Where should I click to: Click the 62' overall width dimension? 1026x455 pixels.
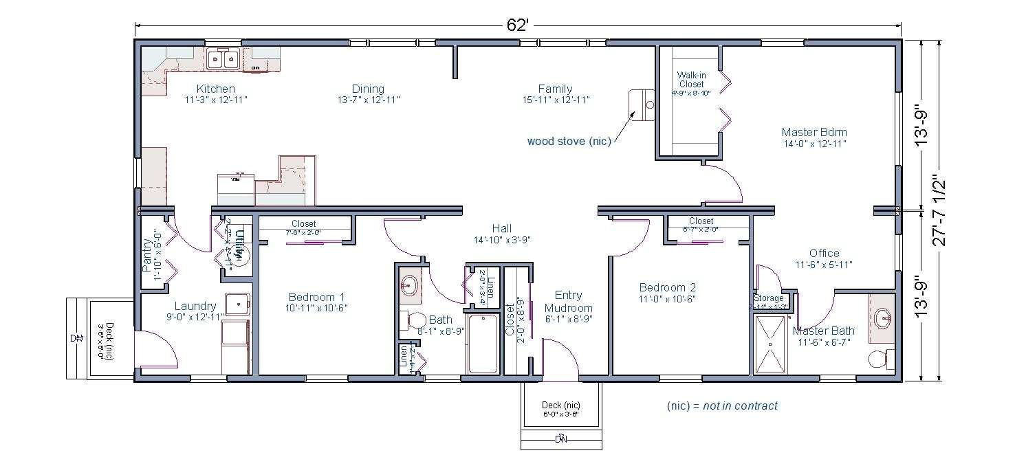pos(517,25)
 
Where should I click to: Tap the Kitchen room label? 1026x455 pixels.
pos(215,89)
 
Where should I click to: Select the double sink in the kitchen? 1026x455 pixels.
pos(223,59)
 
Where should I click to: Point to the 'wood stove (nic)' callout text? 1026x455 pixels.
pos(569,142)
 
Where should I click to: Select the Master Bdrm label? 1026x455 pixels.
pos(814,132)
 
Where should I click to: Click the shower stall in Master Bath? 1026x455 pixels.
pos(772,344)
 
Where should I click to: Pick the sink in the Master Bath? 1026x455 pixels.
pos(882,318)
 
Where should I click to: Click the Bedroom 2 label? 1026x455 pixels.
pos(667,287)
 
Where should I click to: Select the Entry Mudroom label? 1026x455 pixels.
pos(569,302)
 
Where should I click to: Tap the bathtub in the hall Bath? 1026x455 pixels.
pos(483,343)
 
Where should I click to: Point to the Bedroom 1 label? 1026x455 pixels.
pos(316,297)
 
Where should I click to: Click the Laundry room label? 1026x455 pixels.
pos(195,306)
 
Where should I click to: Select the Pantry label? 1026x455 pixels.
pos(147,254)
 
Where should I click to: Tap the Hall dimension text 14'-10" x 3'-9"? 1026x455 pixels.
pos(501,240)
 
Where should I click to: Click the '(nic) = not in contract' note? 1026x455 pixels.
pos(722,406)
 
